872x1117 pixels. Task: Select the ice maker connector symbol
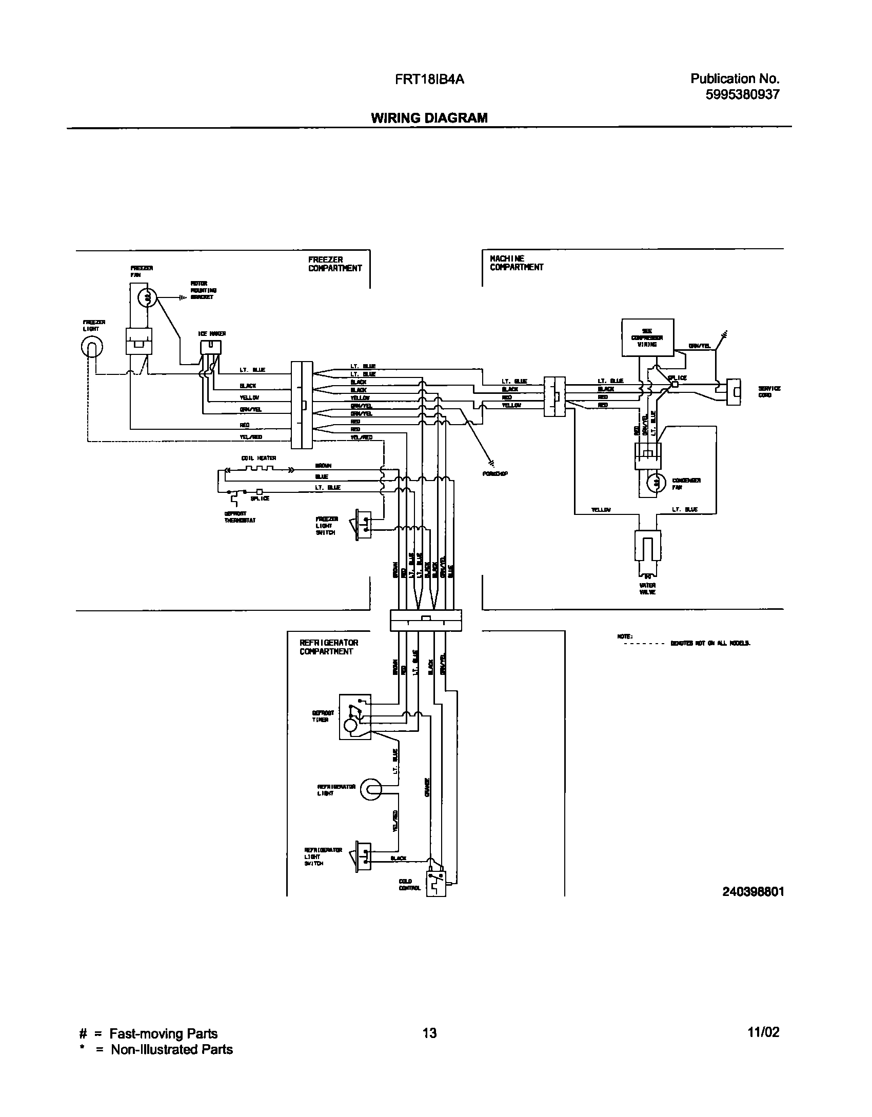211,348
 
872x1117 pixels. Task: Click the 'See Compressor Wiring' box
647,337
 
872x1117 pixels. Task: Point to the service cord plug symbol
735,392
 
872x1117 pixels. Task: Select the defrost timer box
354,717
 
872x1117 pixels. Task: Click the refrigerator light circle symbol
371,790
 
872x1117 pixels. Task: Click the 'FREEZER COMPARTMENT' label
335,264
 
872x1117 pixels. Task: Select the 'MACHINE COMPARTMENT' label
516,263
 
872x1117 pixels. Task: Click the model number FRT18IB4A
429,79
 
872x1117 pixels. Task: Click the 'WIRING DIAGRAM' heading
429,118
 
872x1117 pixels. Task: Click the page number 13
430,1032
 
